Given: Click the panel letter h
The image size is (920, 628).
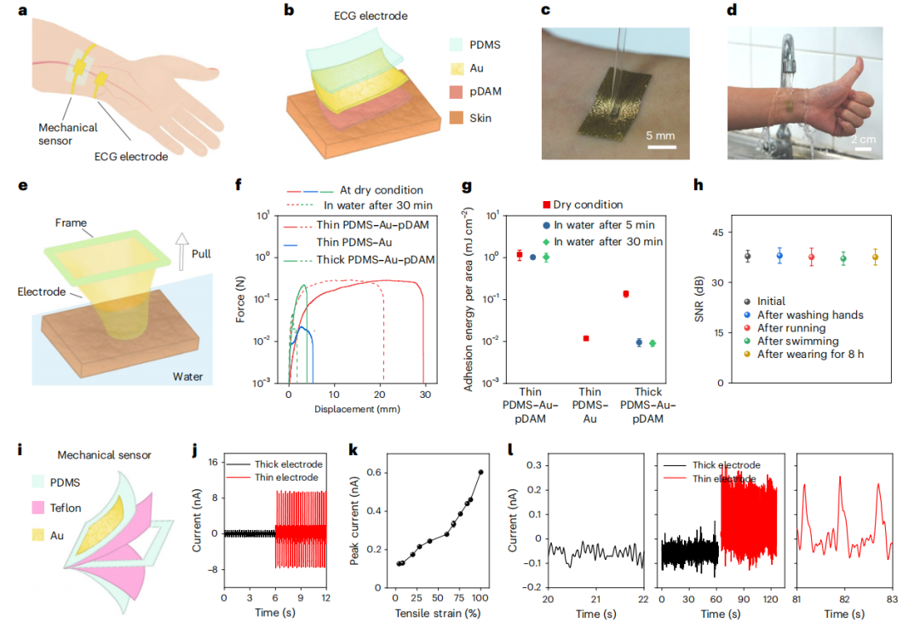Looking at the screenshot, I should click(x=699, y=185).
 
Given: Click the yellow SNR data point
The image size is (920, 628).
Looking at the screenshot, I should click(x=875, y=257).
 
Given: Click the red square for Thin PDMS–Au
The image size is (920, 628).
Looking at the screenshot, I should click(x=586, y=338).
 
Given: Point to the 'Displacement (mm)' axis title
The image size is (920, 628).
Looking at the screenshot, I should click(x=356, y=409).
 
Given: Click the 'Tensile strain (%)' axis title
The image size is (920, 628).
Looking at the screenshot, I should click(x=435, y=613).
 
